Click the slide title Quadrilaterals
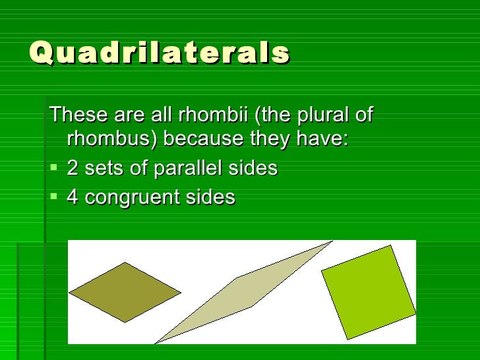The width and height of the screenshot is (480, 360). tap(160, 53)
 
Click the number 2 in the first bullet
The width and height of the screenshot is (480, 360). tap(73, 169)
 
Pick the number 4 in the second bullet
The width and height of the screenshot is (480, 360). tap(73, 197)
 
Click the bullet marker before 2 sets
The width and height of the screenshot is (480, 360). tap(54, 169)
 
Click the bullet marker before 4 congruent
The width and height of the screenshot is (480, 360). tap(54, 198)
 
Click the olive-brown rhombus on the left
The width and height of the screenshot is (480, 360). tap(125, 292)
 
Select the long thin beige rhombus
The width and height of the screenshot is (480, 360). tap(244, 292)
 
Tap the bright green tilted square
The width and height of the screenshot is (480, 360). tap(368, 291)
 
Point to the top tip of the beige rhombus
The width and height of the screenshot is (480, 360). tap(332, 242)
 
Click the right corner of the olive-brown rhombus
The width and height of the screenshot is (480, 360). tap(179, 291)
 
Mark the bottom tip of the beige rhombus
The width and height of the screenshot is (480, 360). tap(156, 342)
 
